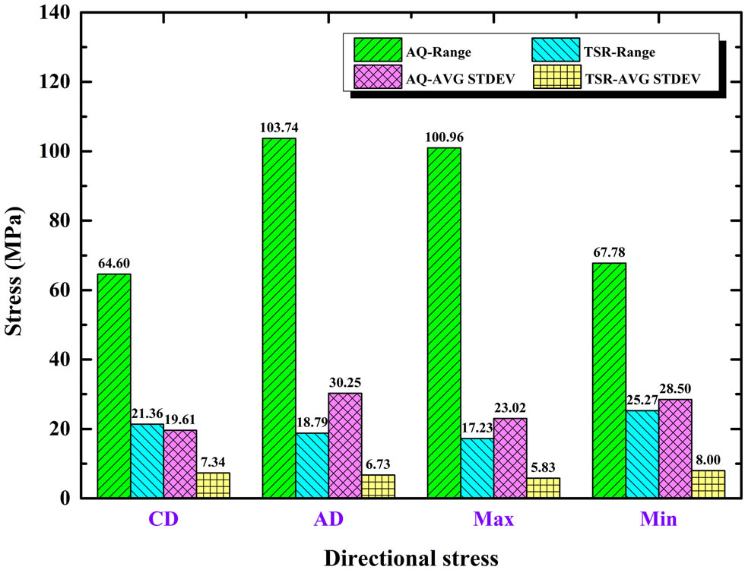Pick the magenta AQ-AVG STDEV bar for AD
(345, 445)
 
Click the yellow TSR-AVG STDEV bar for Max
(543, 488)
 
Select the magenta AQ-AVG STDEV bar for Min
(675, 448)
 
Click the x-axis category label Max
(493, 521)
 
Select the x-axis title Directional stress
(411, 557)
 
